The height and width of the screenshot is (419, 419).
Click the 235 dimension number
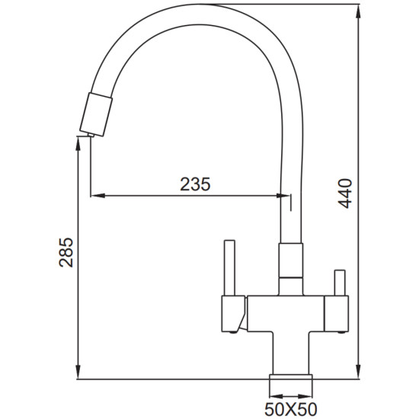(x=195, y=184)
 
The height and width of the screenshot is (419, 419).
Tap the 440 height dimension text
(x=345, y=194)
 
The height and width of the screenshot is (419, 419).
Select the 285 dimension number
(x=66, y=252)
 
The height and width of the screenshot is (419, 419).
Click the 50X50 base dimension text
(x=291, y=409)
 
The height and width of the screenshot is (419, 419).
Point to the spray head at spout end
(x=96, y=114)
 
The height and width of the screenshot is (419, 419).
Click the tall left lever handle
(x=229, y=267)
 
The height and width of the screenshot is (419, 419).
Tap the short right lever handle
(x=340, y=283)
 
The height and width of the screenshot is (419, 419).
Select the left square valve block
(x=233, y=314)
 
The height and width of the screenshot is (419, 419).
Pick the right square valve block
(x=337, y=313)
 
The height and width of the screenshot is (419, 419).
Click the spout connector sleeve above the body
(x=291, y=261)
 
